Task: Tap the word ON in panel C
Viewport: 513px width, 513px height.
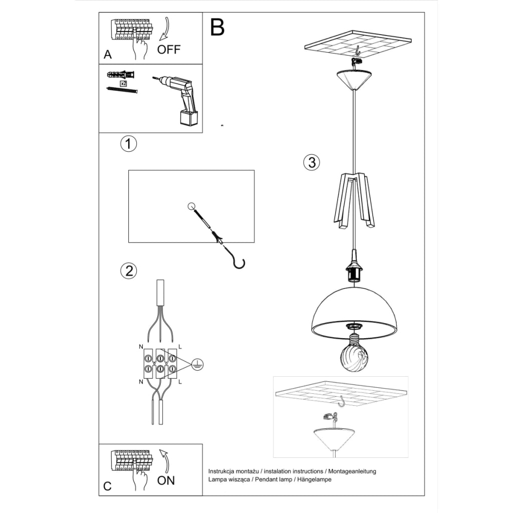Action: tap(166, 480)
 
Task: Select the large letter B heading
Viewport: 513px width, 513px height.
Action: tap(217, 28)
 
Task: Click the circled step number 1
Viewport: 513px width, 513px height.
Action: tap(128, 144)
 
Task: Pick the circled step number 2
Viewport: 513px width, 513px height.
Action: tap(128, 271)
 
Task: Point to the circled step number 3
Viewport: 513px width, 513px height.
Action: tap(311, 162)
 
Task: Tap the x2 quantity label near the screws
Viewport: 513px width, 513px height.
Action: tap(123, 83)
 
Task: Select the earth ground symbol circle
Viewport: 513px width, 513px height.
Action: tap(198, 365)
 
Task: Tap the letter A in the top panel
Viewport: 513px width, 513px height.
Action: tap(107, 55)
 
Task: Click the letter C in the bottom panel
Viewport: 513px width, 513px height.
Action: tap(107, 486)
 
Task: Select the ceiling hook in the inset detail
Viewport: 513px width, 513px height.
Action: tap(342, 401)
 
